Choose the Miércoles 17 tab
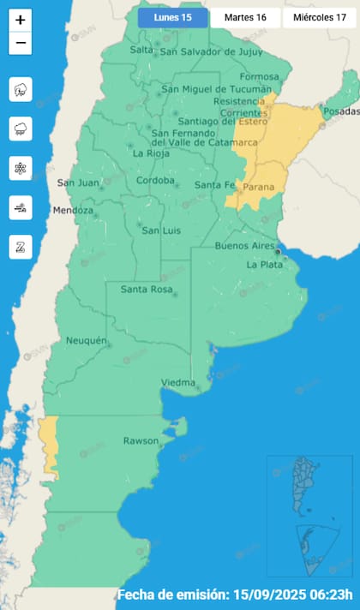(x=319, y=18)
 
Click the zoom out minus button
(x=21, y=43)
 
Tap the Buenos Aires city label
(x=243, y=246)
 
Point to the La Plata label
(x=264, y=265)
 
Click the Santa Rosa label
(x=146, y=289)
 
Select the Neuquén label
(x=87, y=341)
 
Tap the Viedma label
(x=178, y=383)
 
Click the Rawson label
(x=141, y=441)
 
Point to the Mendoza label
(x=72, y=211)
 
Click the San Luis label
(x=159, y=230)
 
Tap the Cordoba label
(x=155, y=181)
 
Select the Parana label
(x=259, y=187)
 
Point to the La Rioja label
(x=151, y=153)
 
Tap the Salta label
(x=141, y=50)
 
